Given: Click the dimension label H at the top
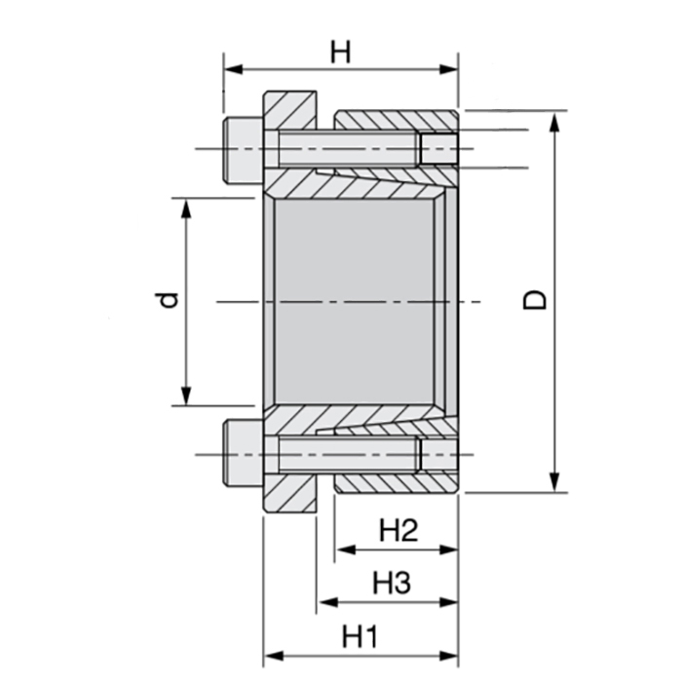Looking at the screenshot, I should pos(339,51).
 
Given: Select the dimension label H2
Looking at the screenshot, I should pos(398,531).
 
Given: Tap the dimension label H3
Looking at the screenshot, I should pos(390,584).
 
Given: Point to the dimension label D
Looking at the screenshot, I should pos(535,298).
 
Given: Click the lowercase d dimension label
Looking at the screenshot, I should pos(169,299).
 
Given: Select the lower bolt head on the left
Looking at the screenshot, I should pos(242,454).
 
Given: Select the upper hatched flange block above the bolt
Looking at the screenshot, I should pos(289,107).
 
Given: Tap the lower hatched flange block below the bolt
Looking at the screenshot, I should pos(289,495).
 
